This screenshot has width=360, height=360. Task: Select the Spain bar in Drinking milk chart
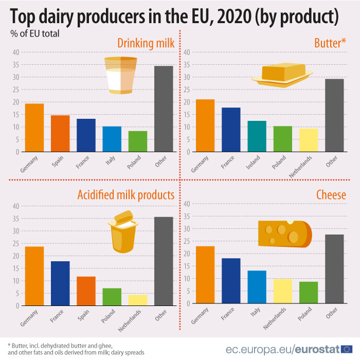click(x=60, y=134)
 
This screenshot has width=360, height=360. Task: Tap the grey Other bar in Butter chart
click(x=334, y=116)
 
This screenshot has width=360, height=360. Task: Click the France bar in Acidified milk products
click(x=60, y=283)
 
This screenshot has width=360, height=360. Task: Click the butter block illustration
click(x=282, y=75)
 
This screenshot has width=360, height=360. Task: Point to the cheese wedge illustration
click(x=284, y=234)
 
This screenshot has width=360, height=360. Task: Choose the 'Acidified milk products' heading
click(x=125, y=195)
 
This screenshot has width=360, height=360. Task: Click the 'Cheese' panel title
click(x=331, y=195)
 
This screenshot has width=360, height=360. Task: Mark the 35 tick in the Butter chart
click(x=187, y=65)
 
